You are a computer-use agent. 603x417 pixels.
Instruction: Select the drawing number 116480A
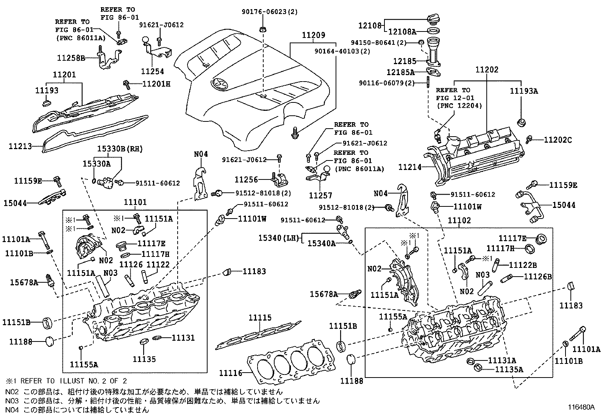581,408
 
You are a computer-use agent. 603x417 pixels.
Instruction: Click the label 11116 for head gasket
230,373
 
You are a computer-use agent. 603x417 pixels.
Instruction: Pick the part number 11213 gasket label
20,146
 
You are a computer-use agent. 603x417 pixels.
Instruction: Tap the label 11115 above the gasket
260,318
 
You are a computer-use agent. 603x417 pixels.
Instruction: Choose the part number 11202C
558,140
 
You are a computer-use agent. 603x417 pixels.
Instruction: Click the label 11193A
524,91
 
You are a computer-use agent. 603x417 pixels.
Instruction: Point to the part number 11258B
71,58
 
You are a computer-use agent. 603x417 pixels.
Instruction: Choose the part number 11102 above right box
459,220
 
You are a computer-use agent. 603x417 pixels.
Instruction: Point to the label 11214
410,167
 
